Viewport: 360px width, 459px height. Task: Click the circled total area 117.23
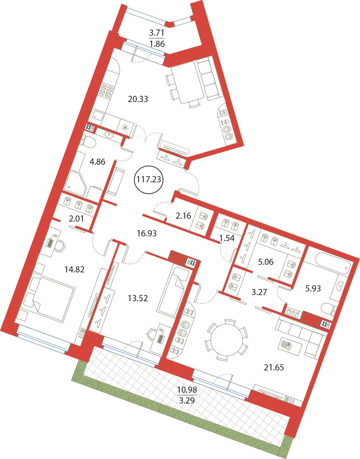point(149,179)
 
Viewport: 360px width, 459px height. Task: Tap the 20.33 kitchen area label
point(138,99)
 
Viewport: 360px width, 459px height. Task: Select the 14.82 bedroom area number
point(75,269)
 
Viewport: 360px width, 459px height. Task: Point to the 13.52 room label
point(138,298)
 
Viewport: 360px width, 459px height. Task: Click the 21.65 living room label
point(274,367)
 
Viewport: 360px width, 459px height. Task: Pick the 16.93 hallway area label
point(147,233)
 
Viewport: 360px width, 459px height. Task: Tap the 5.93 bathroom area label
point(313,288)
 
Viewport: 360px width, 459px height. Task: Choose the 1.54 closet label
point(227,238)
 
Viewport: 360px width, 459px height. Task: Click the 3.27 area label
point(259,292)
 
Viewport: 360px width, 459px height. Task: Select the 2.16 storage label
point(183,216)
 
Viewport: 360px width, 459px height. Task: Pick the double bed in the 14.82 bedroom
point(47,299)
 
